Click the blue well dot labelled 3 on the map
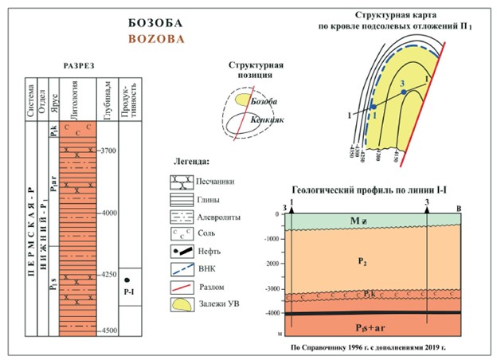pyautogui.click(x=404, y=92)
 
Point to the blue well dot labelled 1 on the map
pyautogui.click(x=374, y=106)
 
